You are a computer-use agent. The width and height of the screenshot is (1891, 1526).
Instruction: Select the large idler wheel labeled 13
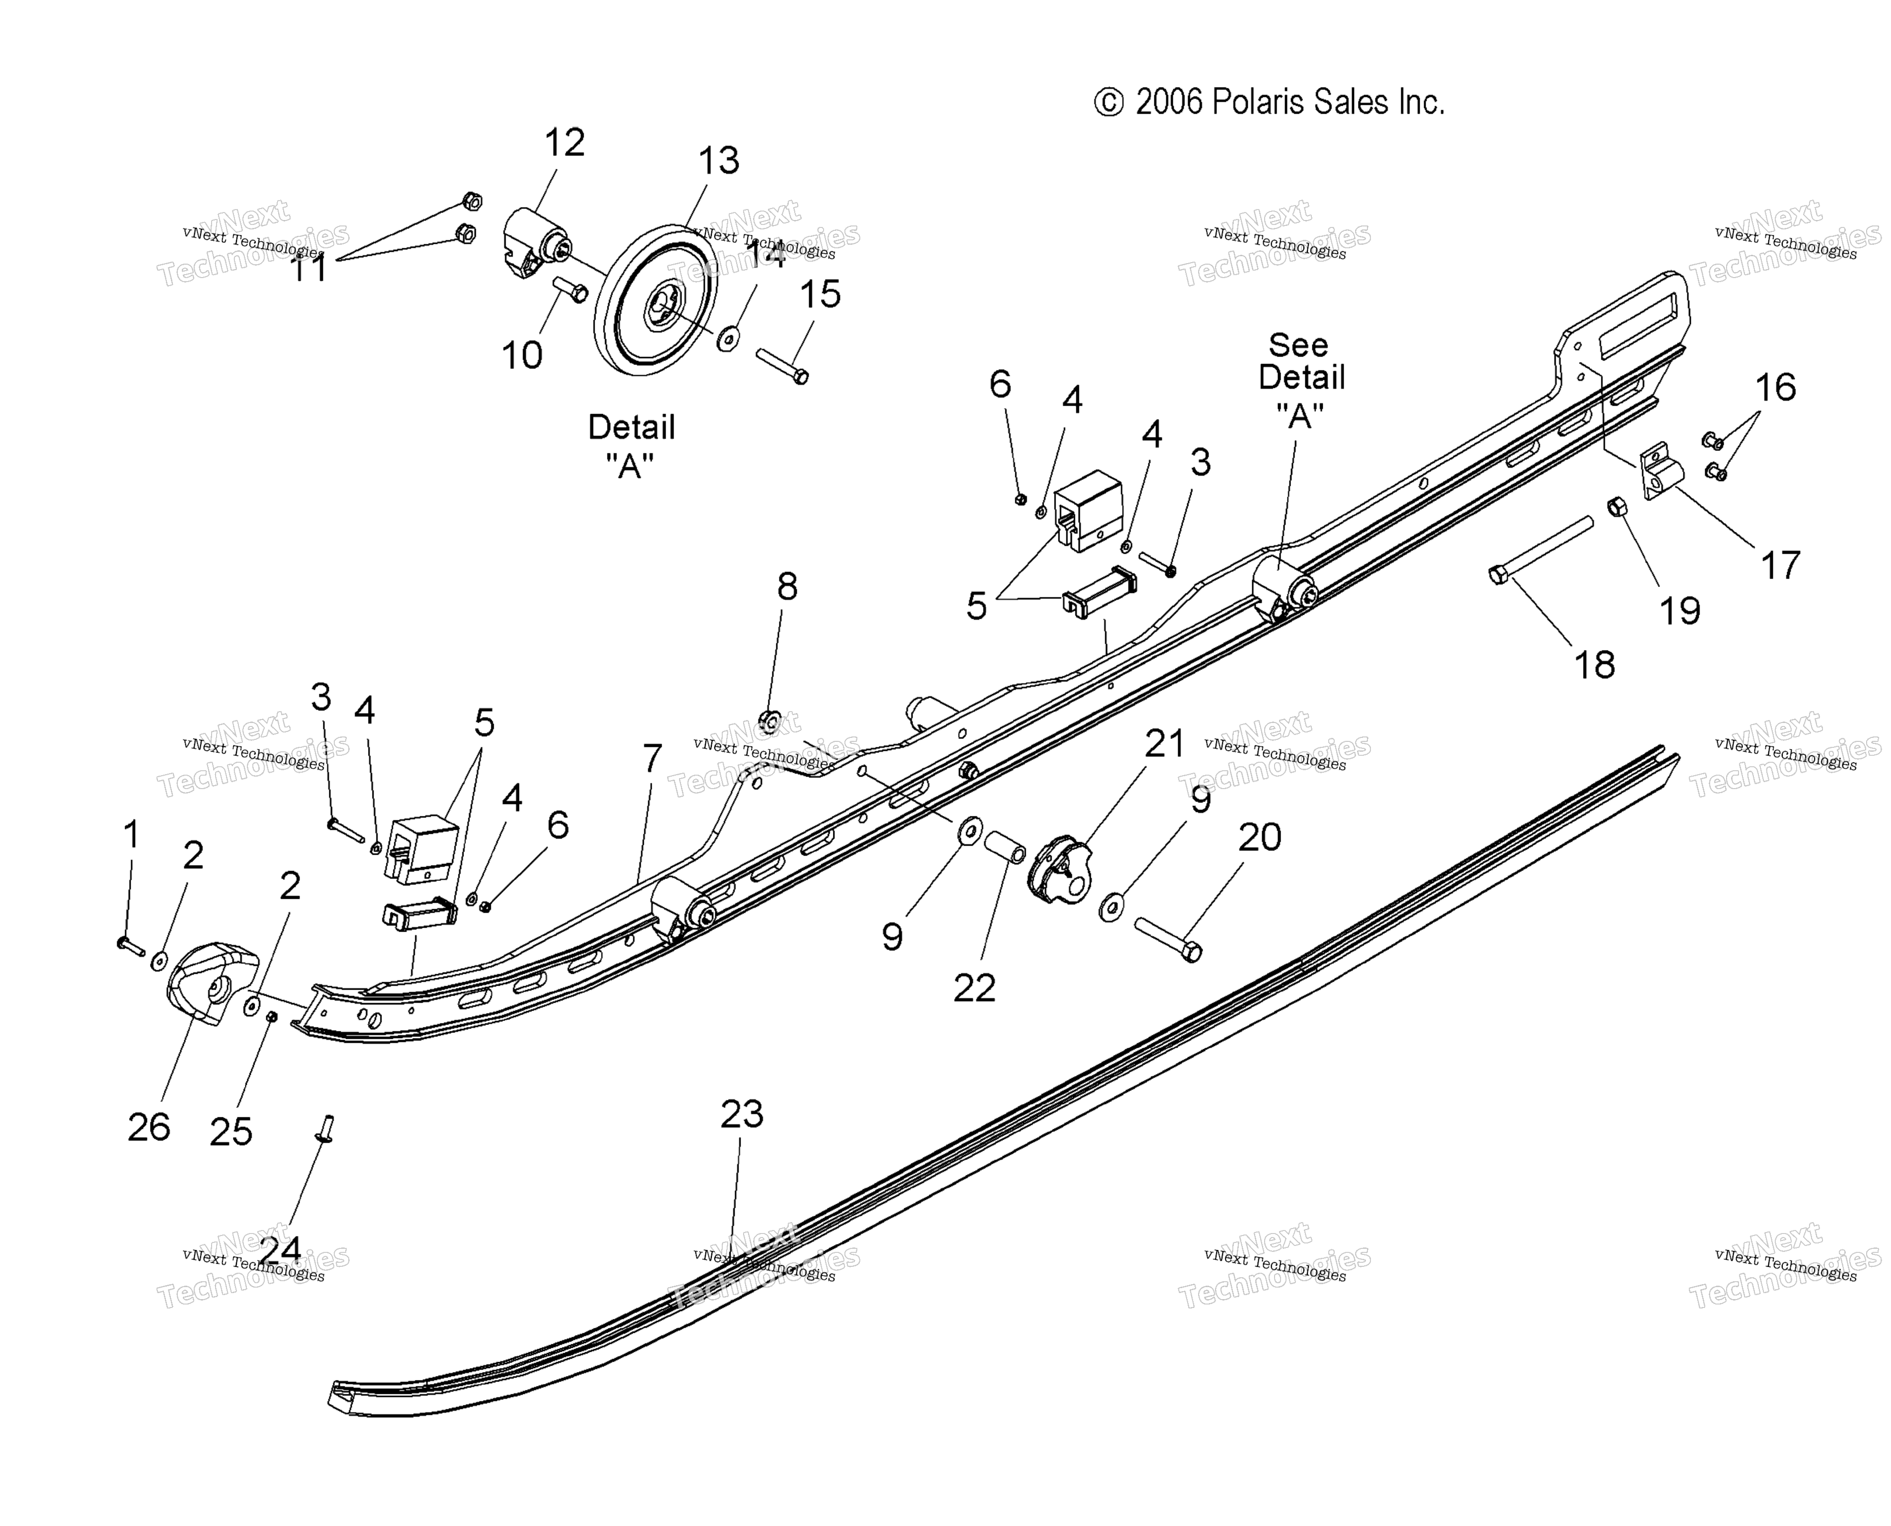tap(655, 300)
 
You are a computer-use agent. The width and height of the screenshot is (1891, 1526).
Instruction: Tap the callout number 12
tap(564, 143)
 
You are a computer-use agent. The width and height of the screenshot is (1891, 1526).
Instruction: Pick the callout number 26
tap(149, 1127)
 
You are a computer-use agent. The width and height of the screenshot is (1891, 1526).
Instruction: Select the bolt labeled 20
tap(1167, 939)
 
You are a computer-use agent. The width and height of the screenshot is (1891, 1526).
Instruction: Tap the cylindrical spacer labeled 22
tap(1005, 847)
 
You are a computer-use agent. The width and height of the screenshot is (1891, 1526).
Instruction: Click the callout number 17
tap(1780, 565)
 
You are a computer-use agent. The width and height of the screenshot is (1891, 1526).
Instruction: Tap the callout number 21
tap(1165, 744)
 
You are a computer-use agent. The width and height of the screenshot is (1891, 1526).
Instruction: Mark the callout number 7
tap(651, 758)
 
